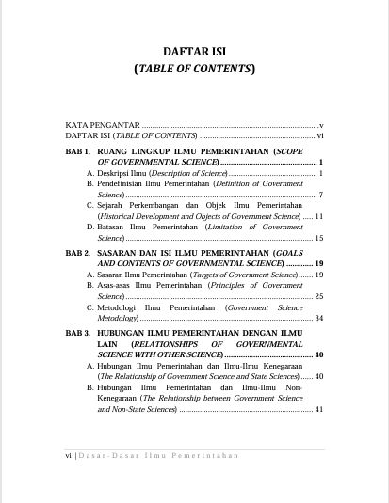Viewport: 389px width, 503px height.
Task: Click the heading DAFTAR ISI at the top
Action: click(x=194, y=51)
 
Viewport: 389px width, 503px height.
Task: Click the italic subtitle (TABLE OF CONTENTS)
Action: click(x=194, y=69)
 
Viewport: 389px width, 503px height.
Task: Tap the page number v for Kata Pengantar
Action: click(x=321, y=124)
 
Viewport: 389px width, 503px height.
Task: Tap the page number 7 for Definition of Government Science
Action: click(x=321, y=195)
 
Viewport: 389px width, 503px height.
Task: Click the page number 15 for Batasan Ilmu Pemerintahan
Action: click(x=319, y=239)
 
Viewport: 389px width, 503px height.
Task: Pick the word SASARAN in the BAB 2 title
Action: click(x=122, y=253)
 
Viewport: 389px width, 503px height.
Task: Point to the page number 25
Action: click(x=319, y=296)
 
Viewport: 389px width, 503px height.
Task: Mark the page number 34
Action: click(x=319, y=319)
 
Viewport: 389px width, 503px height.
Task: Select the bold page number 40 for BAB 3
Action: click(x=319, y=354)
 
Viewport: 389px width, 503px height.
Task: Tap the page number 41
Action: click(x=319, y=409)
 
